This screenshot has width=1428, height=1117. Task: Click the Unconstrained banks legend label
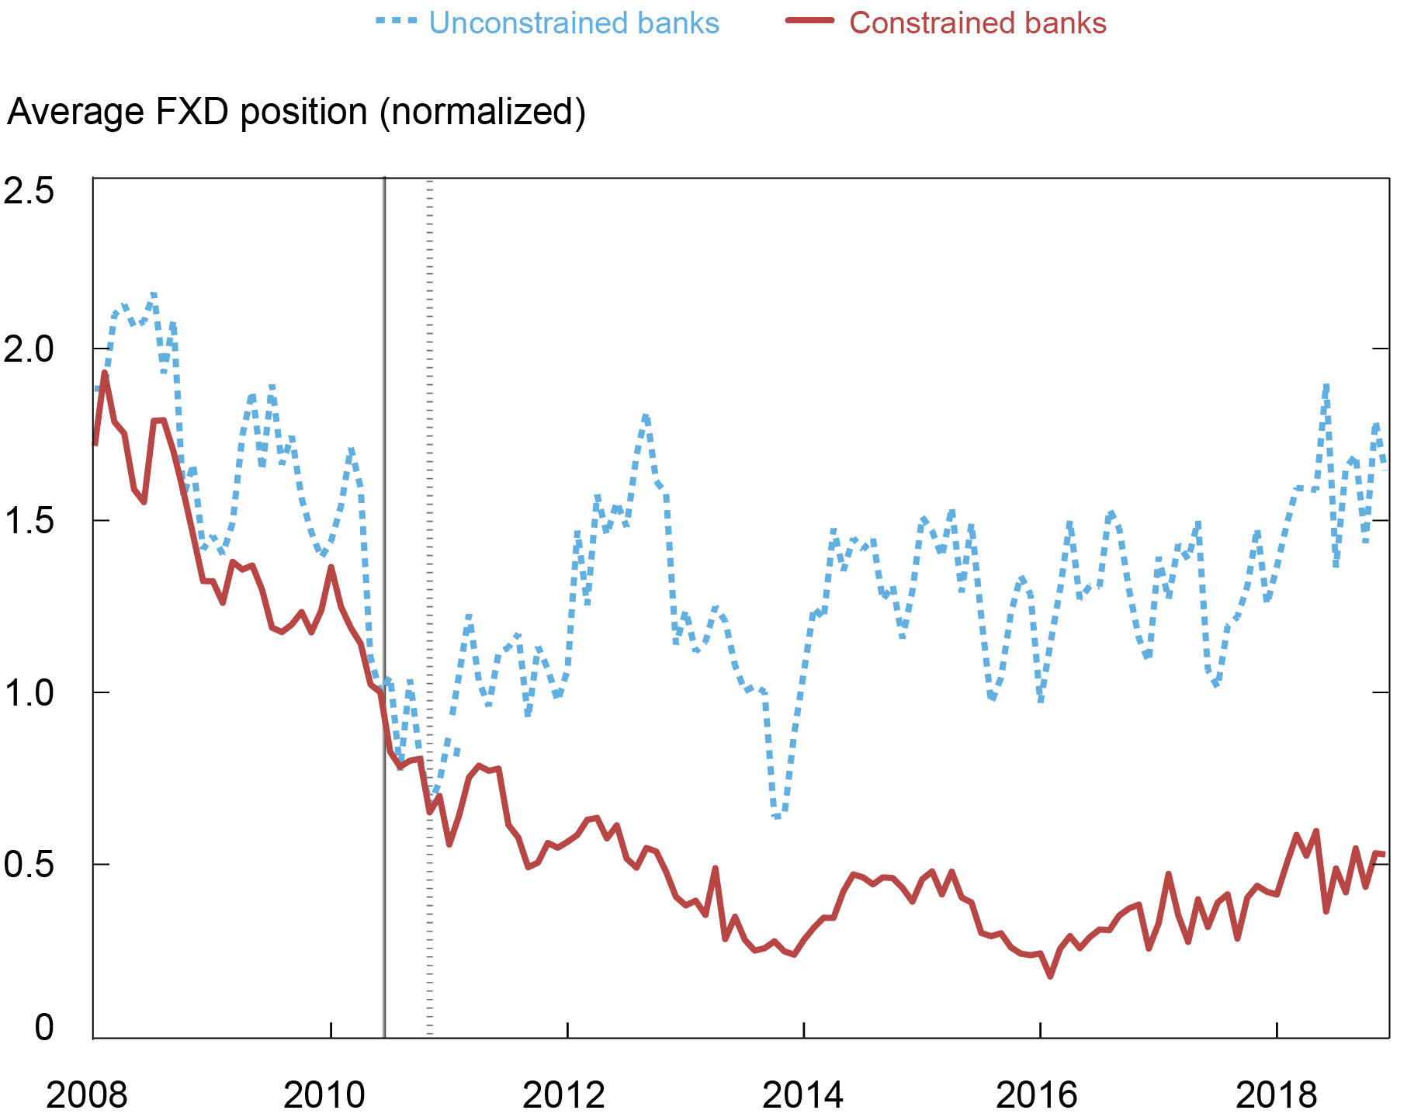pyautogui.click(x=574, y=23)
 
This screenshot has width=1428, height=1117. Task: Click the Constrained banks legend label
pyautogui.click(x=977, y=23)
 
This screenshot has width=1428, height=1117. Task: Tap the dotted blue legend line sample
pyautogui.click(x=397, y=22)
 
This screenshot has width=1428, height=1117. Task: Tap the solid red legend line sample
pyautogui.click(x=809, y=22)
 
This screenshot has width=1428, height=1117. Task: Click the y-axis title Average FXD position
pyautogui.click(x=296, y=112)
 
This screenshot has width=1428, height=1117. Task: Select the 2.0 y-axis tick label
pyautogui.click(x=29, y=350)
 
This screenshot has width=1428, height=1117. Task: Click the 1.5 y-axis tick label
pyautogui.click(x=29, y=521)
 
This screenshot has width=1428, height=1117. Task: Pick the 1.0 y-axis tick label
pyautogui.click(x=29, y=692)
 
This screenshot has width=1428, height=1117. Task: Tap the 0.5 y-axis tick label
pyautogui.click(x=29, y=864)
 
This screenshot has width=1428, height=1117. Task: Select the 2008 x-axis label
pyautogui.click(x=86, y=1095)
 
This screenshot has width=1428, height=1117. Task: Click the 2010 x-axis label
pyautogui.click(x=324, y=1095)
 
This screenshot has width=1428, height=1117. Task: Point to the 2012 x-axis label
pyautogui.click(x=563, y=1095)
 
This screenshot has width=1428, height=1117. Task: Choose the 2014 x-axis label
pyautogui.click(x=802, y=1095)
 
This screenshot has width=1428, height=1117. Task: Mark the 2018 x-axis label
pyautogui.click(x=1276, y=1095)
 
